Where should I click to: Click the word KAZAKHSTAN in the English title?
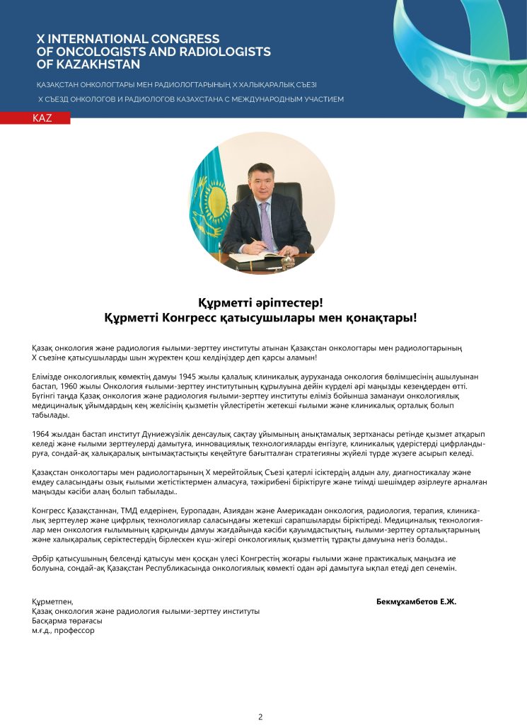click(x=83, y=64)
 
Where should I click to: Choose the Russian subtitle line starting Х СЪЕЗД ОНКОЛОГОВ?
click(x=191, y=99)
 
